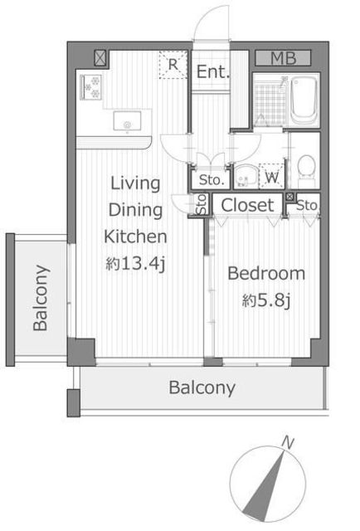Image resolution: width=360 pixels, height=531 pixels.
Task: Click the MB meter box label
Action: point(283,58)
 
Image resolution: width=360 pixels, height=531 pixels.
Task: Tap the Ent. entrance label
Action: point(213,71)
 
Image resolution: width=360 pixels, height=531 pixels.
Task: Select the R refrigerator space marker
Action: point(173,65)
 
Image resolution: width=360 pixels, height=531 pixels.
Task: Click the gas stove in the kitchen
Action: point(90,87)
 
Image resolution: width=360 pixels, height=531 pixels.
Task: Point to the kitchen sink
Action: point(128,121)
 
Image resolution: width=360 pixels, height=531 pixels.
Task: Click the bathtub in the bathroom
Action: point(304,100)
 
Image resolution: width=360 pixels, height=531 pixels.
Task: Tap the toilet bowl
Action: point(307,170)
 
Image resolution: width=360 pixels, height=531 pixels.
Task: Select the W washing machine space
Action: point(271,177)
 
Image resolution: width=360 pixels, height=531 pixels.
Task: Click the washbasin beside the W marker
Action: point(246,176)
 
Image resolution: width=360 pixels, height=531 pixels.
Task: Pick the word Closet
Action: point(247,205)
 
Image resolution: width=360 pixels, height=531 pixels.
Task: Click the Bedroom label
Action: point(266,274)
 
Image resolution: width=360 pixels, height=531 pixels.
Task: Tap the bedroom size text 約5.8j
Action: point(266,300)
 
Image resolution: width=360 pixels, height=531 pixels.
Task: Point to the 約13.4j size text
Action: point(135,264)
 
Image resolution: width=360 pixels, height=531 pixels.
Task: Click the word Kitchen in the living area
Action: point(135,236)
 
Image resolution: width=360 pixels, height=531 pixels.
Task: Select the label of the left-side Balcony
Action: point(41,298)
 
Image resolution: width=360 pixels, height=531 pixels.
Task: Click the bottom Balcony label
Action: point(202,387)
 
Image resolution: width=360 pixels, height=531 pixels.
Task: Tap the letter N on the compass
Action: point(288,442)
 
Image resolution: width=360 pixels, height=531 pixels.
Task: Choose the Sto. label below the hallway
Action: point(212,180)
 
